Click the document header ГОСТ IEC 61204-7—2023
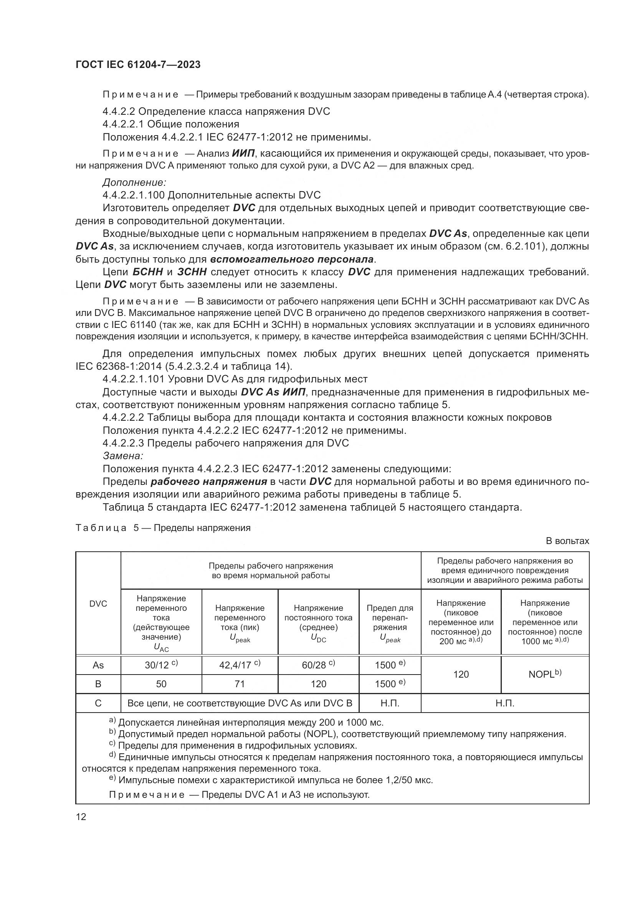138,64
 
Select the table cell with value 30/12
161,665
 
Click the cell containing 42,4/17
239,665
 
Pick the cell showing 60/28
318,665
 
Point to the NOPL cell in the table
545,674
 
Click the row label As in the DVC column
98,665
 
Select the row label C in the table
98,703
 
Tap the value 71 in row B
239,684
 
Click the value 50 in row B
161,684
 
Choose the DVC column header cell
98,604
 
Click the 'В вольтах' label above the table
567,541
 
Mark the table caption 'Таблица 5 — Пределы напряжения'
163,528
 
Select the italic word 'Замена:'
123,456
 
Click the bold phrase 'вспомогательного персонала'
292,259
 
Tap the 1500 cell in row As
389,665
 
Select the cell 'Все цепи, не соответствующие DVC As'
239,703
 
